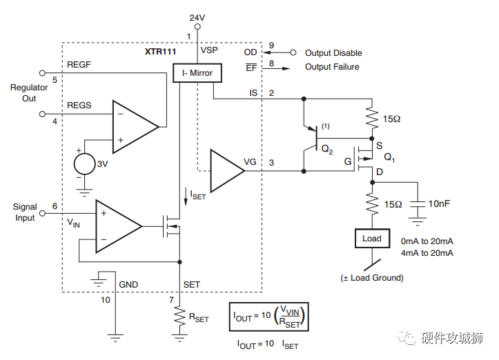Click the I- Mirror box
click(x=197, y=73)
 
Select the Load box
click(x=371, y=239)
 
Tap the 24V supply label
click(x=197, y=17)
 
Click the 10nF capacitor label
click(x=440, y=204)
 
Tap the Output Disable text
click(x=333, y=53)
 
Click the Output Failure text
click(x=333, y=67)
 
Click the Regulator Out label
click(x=29, y=93)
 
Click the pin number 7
click(x=171, y=299)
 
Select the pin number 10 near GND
click(x=105, y=299)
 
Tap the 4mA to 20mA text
click(x=427, y=253)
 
